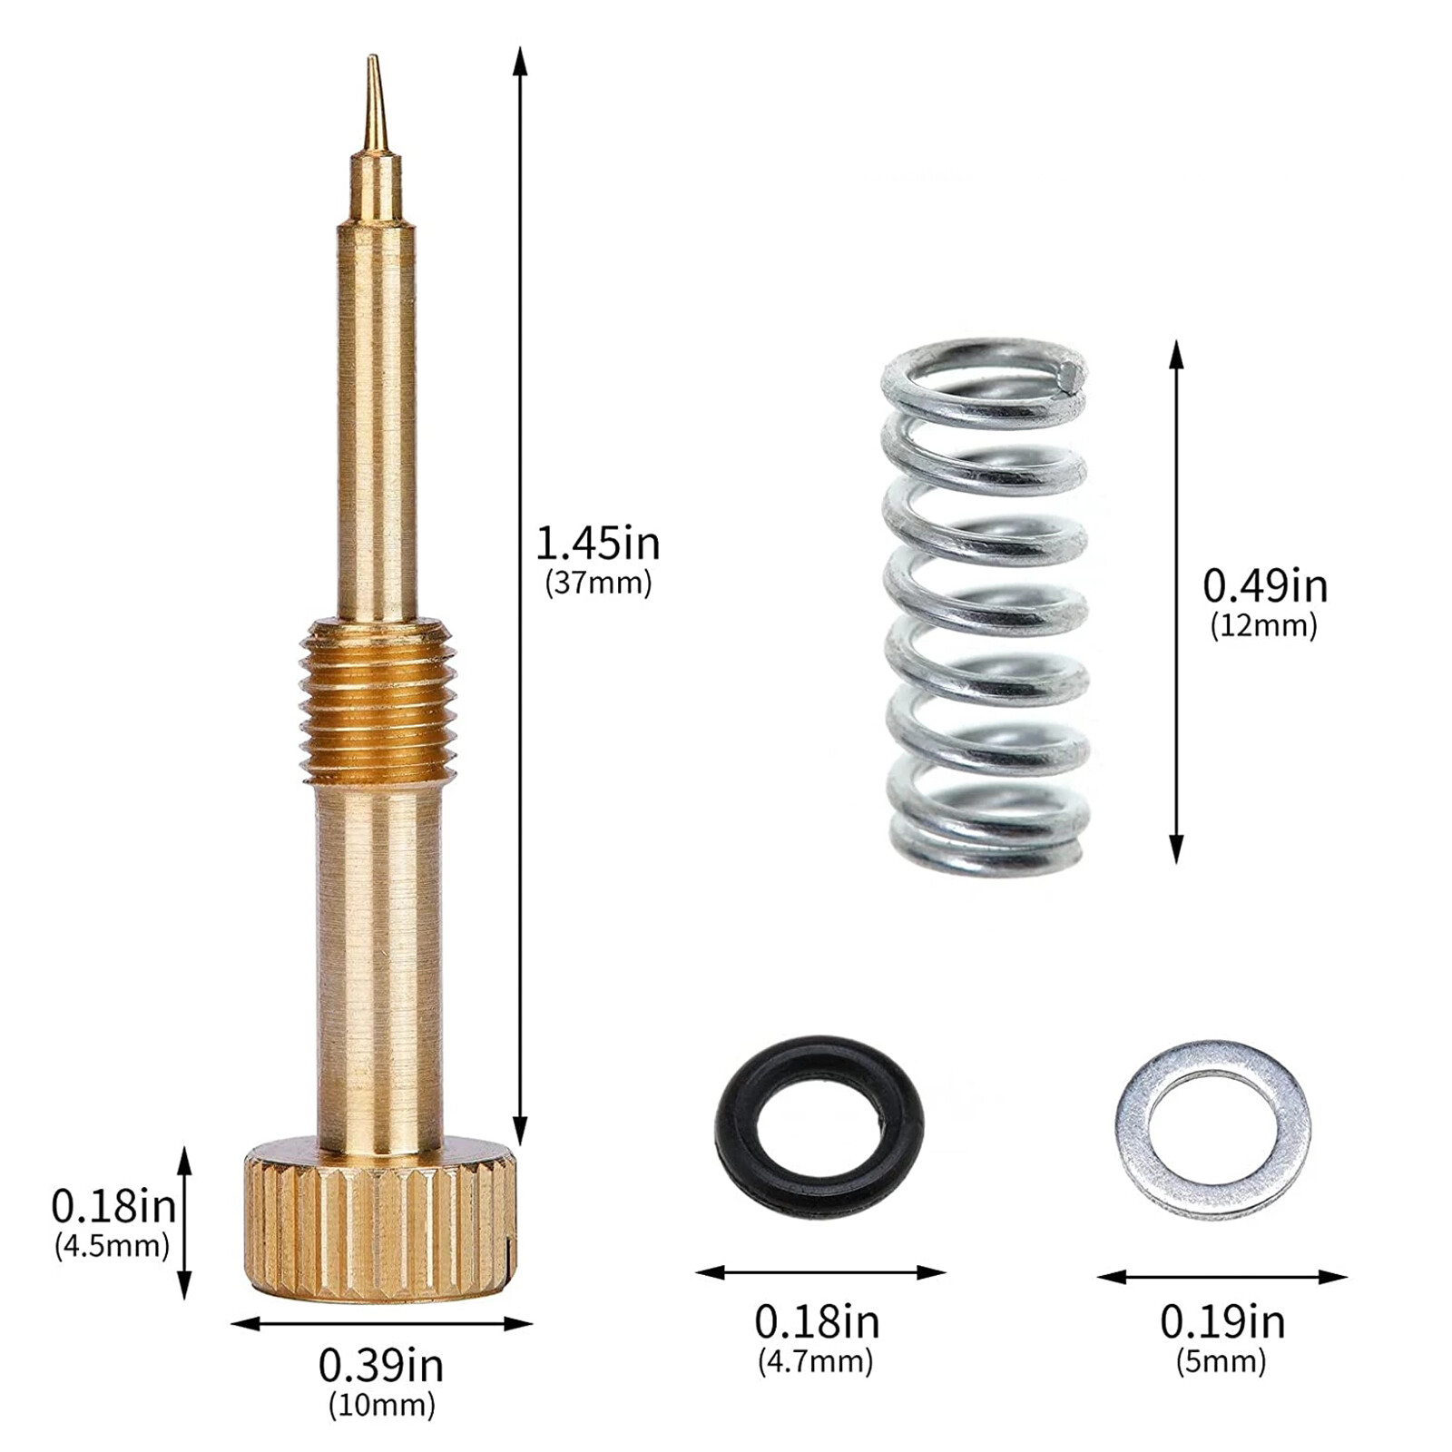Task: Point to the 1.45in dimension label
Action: point(597,544)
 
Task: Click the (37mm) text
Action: point(598,583)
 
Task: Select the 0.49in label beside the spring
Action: point(1264,586)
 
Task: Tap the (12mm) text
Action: point(1263,625)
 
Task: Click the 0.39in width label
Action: point(381,1365)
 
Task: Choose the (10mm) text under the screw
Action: point(381,1406)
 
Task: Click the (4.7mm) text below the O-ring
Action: point(815,1361)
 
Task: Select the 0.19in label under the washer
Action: point(1221,1322)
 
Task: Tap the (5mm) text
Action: point(1221,1361)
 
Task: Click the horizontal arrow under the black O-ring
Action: point(819,1272)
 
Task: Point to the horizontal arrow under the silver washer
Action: point(1221,1277)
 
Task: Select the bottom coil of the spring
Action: point(986,849)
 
